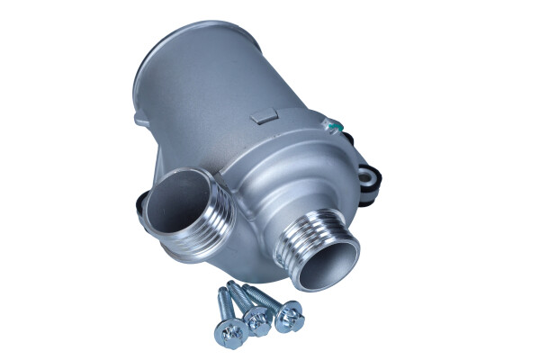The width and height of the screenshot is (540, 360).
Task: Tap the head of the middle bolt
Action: pos(257,319)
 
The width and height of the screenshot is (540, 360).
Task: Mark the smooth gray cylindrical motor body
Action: pos(207,99)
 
